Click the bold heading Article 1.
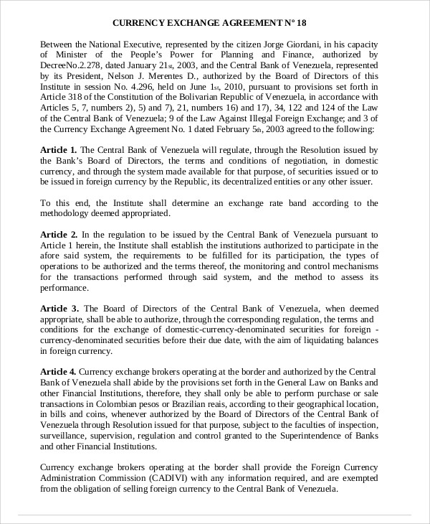tap(59, 150)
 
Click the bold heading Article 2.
tap(59, 235)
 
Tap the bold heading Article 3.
tap(59, 309)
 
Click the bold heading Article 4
tap(58, 372)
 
